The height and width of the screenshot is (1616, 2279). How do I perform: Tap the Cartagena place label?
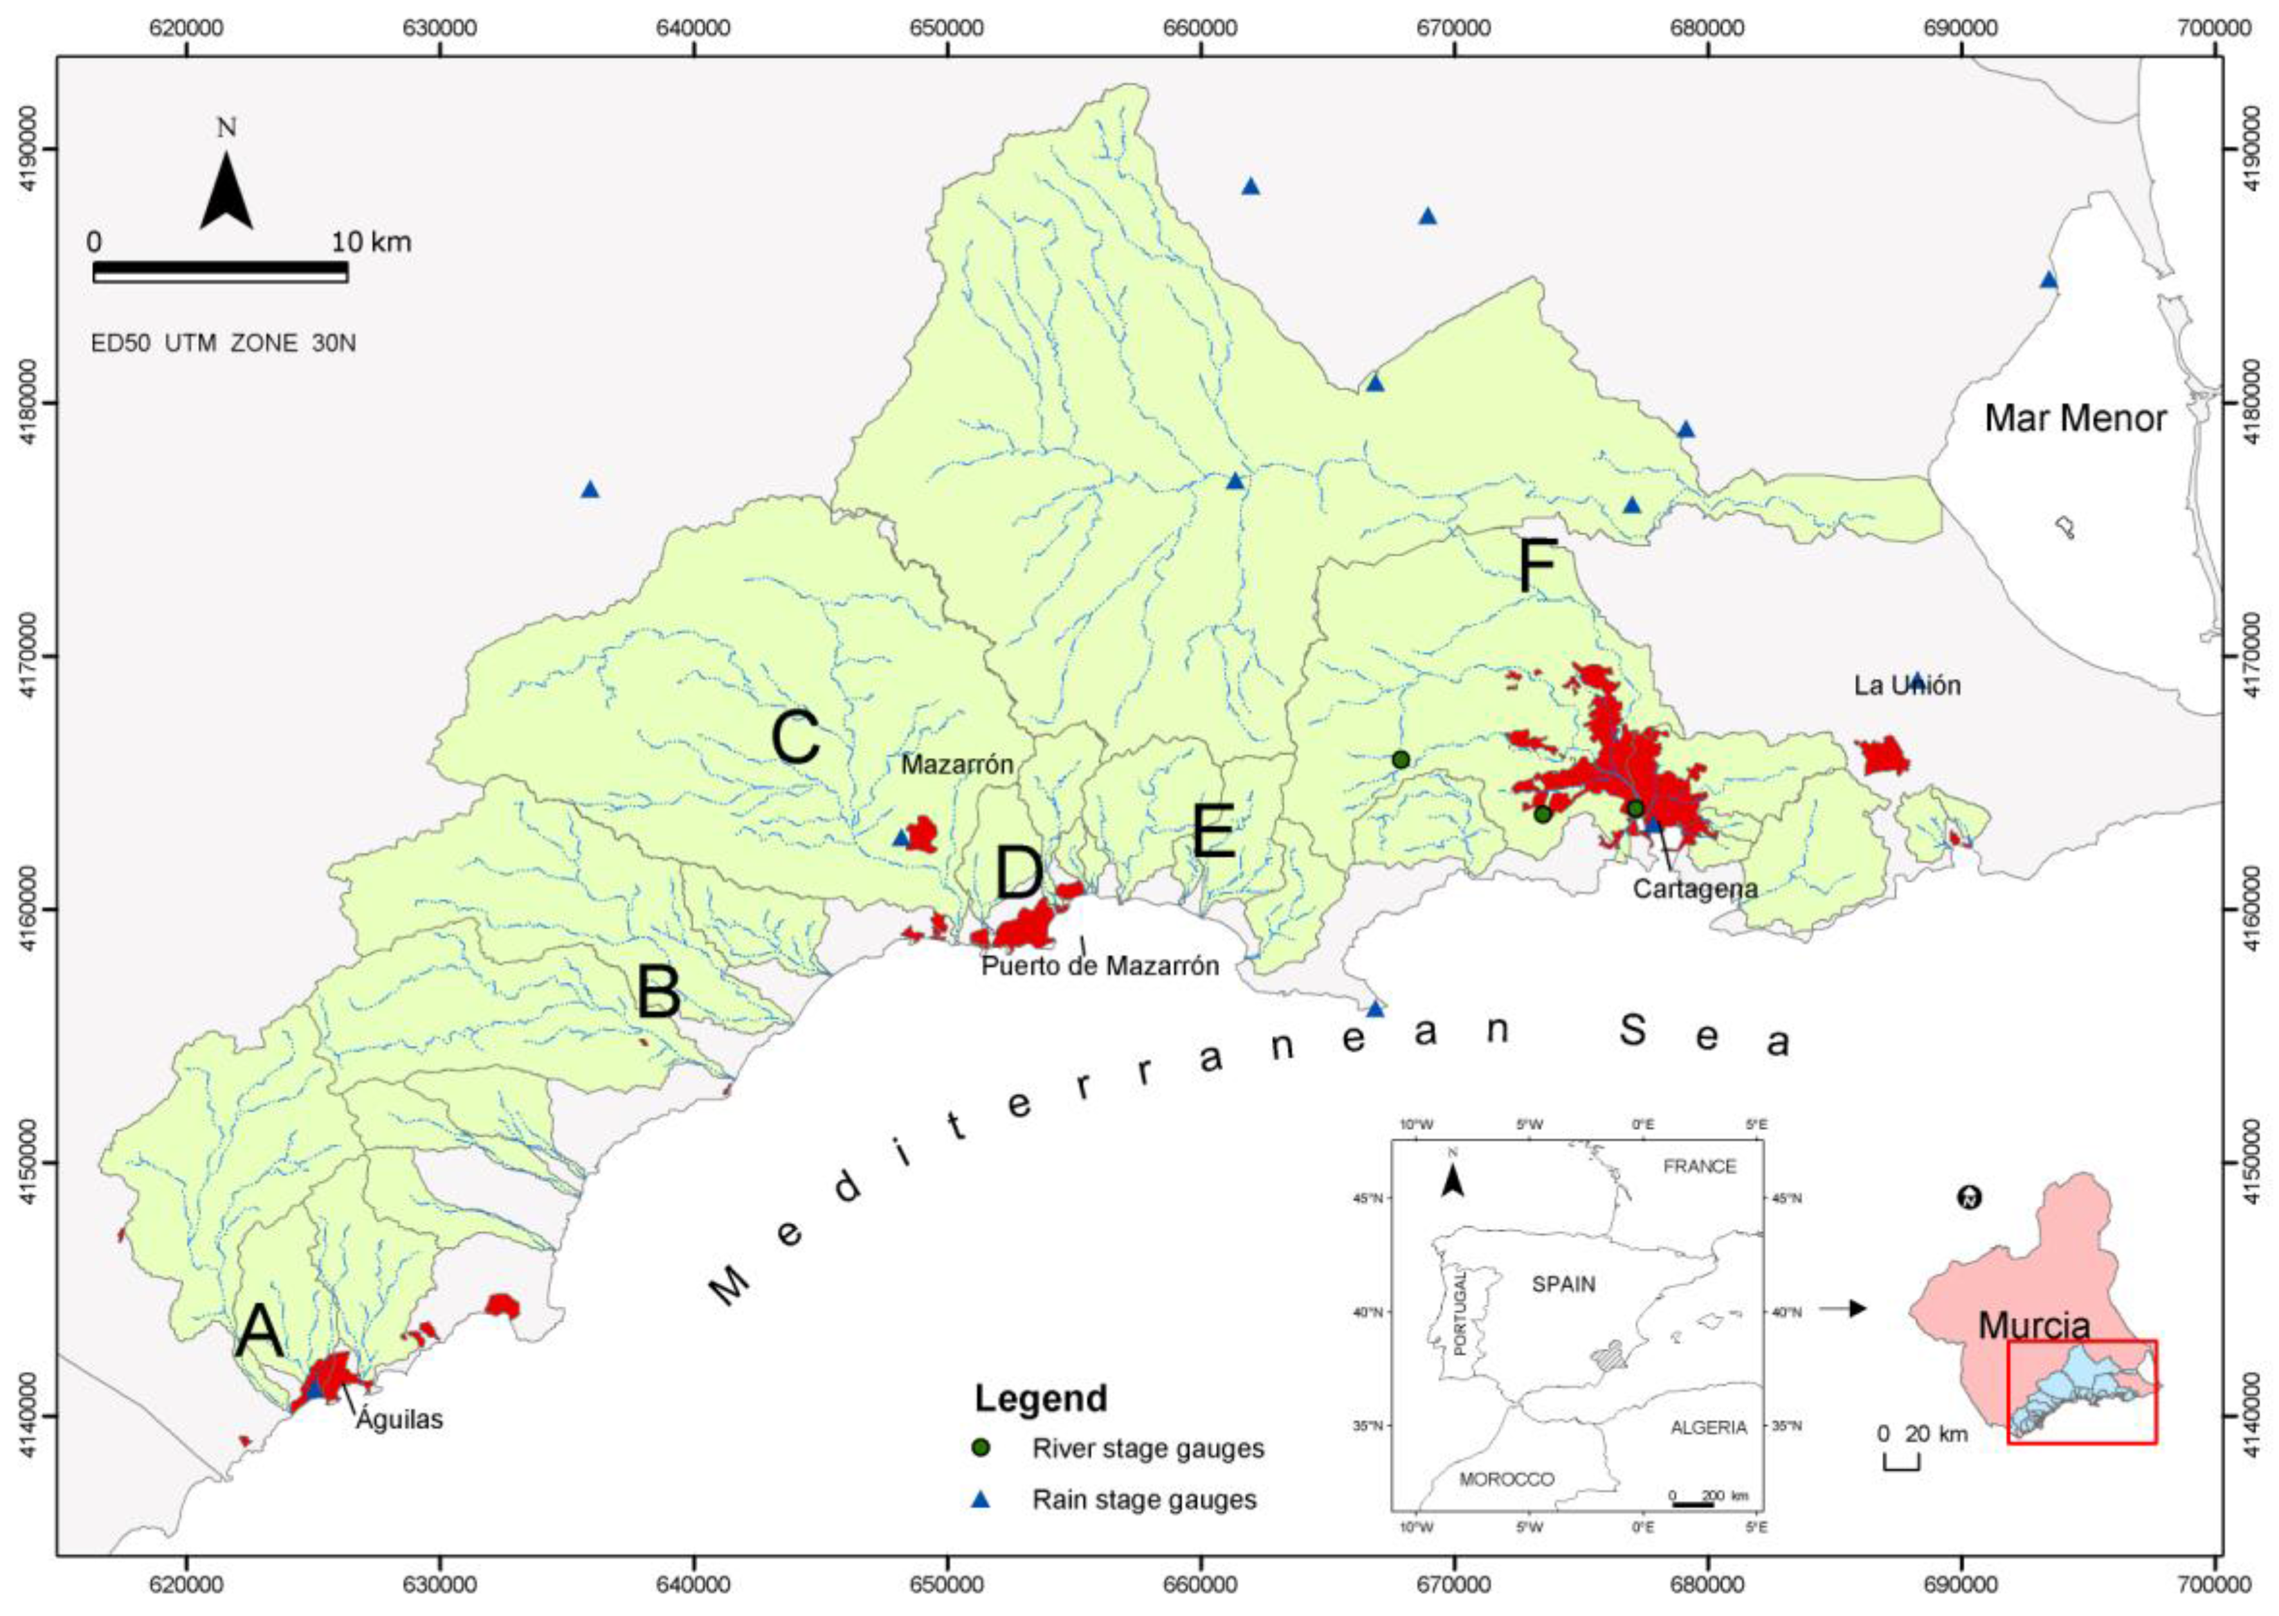(1695, 888)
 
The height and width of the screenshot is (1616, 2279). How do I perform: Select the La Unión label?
(1906, 686)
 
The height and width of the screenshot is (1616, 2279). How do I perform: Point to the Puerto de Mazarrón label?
(1100, 965)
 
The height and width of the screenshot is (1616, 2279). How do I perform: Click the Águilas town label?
(399, 1418)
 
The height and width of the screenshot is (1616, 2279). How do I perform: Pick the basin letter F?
(1536, 567)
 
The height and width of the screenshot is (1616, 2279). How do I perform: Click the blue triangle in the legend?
(982, 1498)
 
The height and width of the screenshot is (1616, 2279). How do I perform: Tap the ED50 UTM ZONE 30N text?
(223, 343)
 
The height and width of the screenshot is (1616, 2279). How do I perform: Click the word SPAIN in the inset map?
(1563, 1285)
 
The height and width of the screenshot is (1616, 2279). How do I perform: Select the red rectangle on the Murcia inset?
(2081, 1405)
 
